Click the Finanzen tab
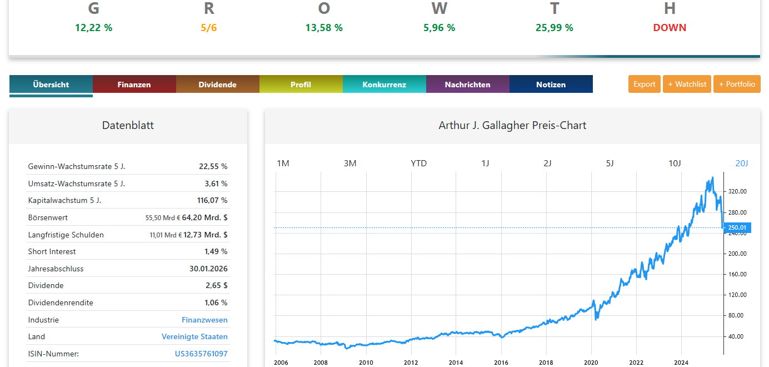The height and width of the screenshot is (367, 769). (134, 85)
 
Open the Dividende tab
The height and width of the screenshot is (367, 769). (217, 85)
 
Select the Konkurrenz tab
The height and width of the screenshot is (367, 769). (384, 85)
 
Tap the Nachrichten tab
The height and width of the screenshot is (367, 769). (467, 85)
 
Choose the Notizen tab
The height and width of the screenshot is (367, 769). (551, 85)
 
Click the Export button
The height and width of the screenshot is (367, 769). (645, 84)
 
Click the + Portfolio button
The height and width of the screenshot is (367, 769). (737, 84)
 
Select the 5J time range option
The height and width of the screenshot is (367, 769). (610, 163)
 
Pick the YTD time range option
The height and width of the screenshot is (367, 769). (418, 163)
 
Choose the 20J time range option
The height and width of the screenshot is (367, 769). (742, 163)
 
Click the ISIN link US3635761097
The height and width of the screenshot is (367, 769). (201, 354)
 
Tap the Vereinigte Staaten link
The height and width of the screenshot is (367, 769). (194, 336)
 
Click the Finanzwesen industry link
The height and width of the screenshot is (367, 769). (204, 320)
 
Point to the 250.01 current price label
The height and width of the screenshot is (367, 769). (737, 227)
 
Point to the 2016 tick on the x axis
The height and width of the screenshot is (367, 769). (501, 363)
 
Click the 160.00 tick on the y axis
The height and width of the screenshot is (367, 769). (737, 274)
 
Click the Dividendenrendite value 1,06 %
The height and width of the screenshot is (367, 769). (216, 302)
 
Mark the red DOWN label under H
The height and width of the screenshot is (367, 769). (670, 28)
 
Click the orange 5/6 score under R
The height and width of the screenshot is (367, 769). (209, 28)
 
